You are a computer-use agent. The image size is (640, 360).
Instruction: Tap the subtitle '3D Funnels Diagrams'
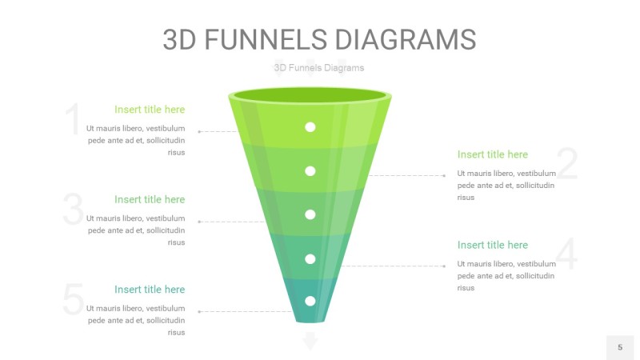[318, 68]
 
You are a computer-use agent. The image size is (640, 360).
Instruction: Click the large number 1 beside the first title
[73, 120]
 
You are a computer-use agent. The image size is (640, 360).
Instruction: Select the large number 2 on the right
[566, 164]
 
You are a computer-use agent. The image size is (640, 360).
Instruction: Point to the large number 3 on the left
[73, 210]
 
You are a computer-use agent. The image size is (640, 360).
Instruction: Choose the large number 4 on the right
[566, 254]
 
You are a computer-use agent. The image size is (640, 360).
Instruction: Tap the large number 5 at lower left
[73, 300]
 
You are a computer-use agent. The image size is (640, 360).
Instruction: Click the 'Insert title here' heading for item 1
[149, 110]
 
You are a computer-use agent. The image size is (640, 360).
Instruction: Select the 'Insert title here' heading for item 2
[493, 154]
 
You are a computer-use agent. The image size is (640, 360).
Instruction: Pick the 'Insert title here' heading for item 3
[149, 199]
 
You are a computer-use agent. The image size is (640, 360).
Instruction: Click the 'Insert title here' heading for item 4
[493, 245]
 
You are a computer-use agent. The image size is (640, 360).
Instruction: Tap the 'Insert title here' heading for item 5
[149, 290]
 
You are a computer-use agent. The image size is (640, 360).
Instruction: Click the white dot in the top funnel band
[310, 127]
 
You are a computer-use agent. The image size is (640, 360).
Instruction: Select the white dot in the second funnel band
[310, 170]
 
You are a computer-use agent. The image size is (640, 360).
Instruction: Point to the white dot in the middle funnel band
[310, 214]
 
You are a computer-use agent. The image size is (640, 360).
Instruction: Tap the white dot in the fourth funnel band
[310, 258]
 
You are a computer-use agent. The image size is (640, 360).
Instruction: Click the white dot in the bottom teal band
[310, 301]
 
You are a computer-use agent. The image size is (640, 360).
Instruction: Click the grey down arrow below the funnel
[310, 342]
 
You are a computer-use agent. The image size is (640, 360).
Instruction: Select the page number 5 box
[619, 347]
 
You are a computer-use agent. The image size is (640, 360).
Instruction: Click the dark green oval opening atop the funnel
[310, 97]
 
